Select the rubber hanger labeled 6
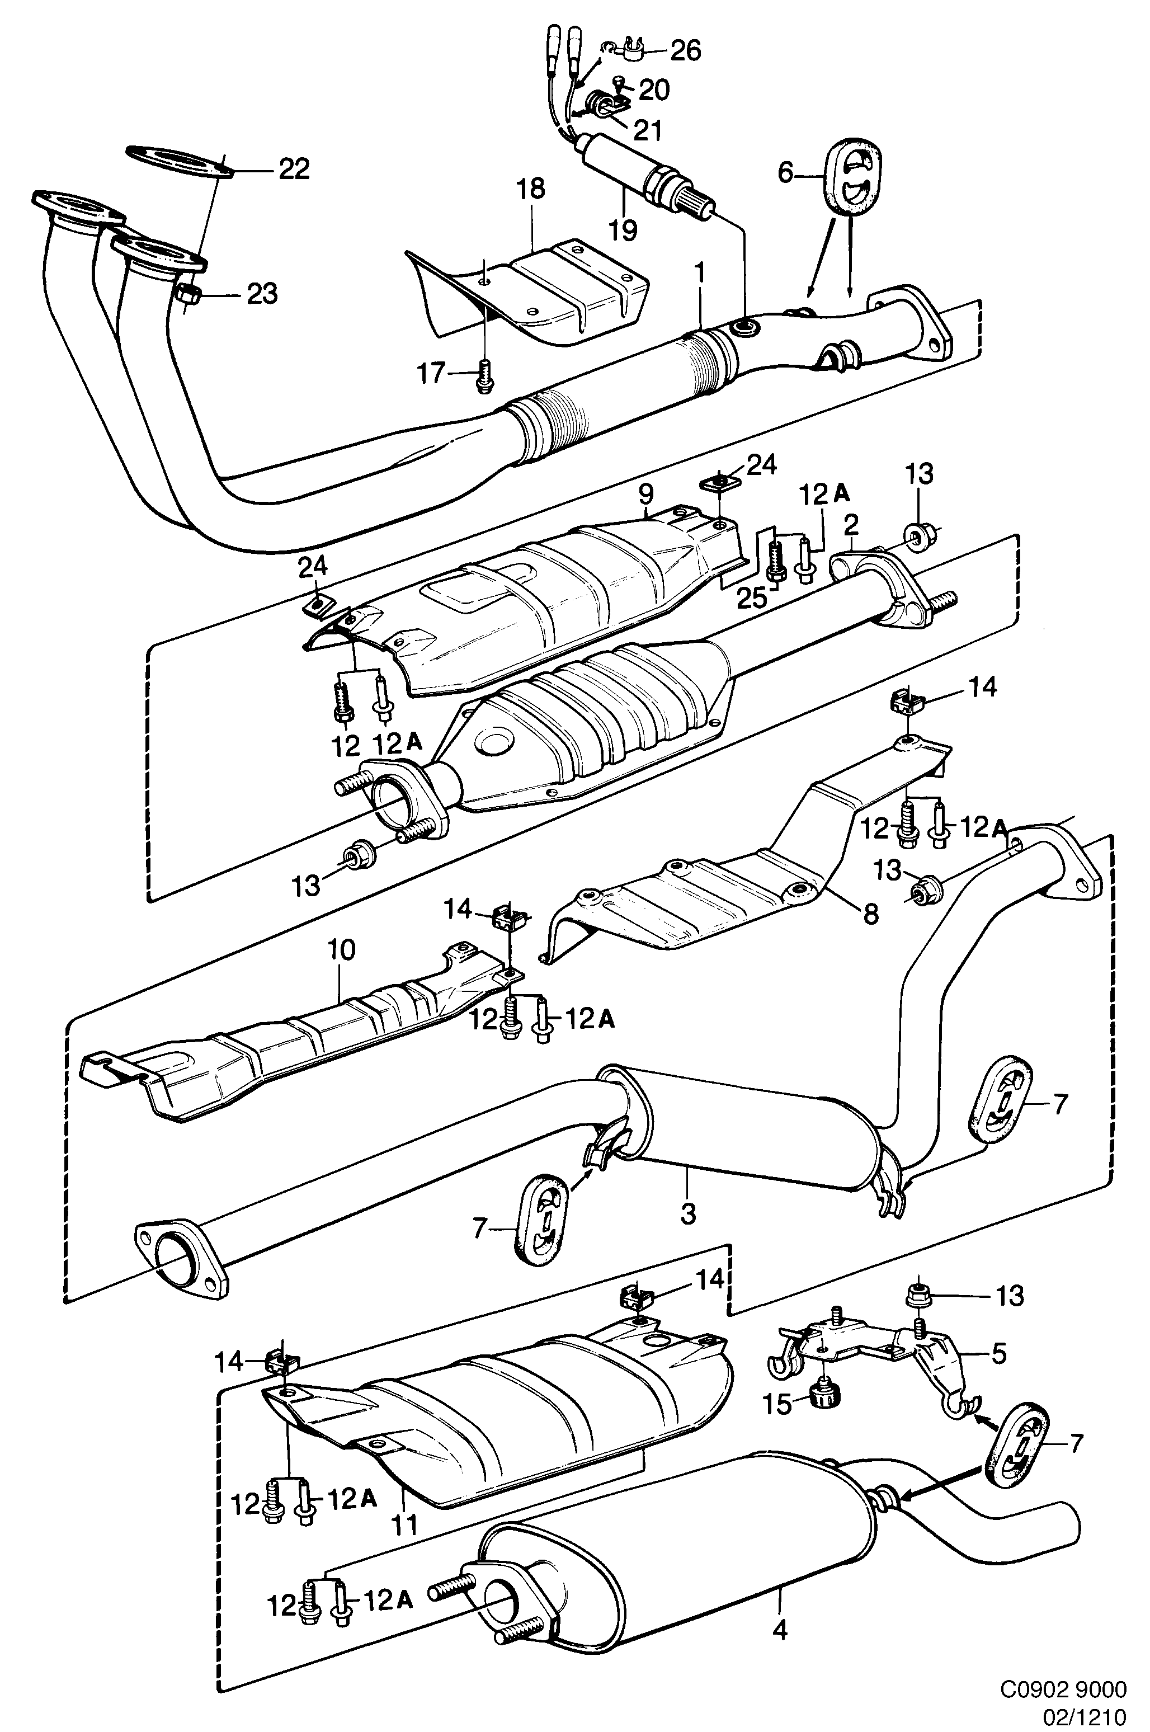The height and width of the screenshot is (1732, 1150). pyautogui.click(x=855, y=176)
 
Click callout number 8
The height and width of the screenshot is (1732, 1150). pyautogui.click(x=870, y=914)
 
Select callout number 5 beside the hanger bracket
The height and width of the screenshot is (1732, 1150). pyautogui.click(x=999, y=1352)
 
